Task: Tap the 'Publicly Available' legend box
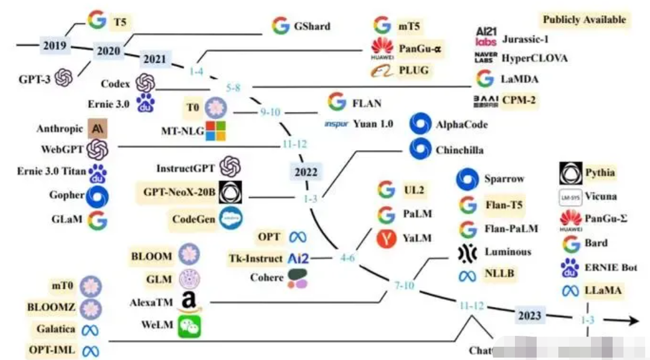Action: pos(584,19)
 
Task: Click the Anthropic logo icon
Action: pos(97,128)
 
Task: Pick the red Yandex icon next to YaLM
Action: pos(386,239)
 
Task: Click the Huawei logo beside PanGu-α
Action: pos(382,48)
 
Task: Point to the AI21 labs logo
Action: pos(486,36)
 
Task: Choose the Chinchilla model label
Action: pos(459,150)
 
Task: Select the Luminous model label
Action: pos(508,251)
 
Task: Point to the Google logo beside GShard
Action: pos(280,26)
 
